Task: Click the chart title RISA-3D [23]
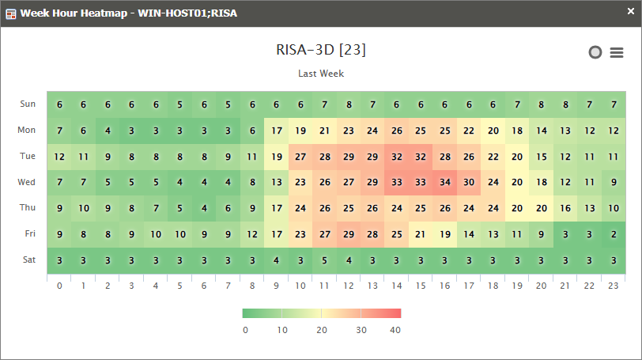tap(320, 50)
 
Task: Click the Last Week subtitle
tap(320, 74)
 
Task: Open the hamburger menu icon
tap(617, 53)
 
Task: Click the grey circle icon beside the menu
tap(595, 52)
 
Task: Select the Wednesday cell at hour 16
tap(444, 182)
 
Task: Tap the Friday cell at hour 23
tap(614, 234)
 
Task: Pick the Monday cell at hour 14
tap(397, 131)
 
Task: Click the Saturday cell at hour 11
tap(324, 260)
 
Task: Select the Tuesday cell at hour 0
tap(59, 157)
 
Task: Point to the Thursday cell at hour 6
tap(204, 208)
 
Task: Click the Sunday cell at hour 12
tap(349, 104)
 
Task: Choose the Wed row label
tap(28, 182)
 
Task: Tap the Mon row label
tap(28, 130)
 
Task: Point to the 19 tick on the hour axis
tap(517, 285)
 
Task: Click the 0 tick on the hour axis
tap(59, 285)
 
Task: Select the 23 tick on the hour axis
tap(614, 285)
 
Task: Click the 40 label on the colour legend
tap(395, 330)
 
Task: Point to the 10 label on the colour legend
tap(282, 330)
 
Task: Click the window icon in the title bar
tap(11, 13)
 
